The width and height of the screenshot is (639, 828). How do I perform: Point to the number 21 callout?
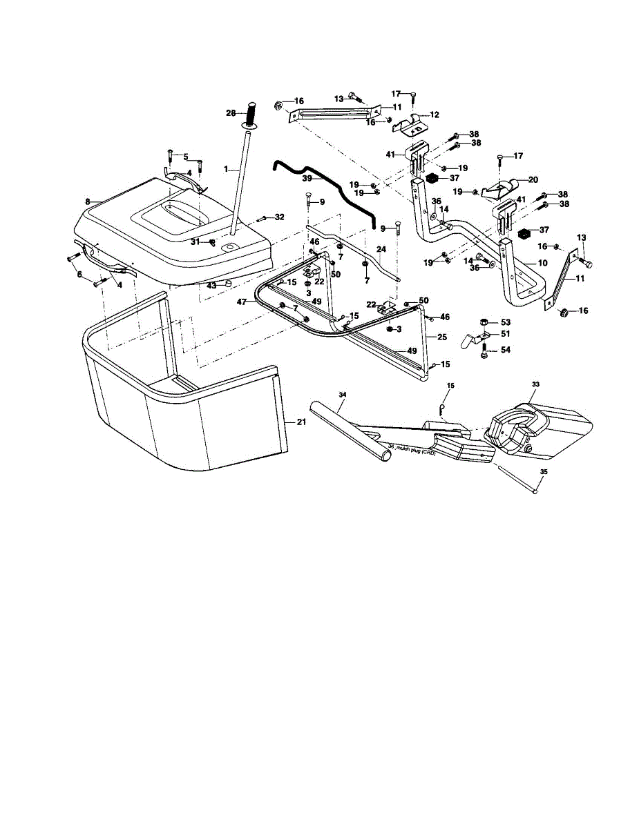(x=301, y=422)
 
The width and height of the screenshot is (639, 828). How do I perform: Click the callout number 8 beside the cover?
(x=88, y=201)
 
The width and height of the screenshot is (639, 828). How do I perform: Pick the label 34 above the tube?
(x=342, y=395)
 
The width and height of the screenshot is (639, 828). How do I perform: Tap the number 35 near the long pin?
(x=543, y=472)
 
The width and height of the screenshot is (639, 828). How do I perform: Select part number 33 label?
(x=535, y=384)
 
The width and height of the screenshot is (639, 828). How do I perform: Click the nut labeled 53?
(x=486, y=322)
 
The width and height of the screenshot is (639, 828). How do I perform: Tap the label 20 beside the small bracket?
(x=533, y=179)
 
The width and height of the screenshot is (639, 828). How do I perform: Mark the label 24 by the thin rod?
(x=381, y=250)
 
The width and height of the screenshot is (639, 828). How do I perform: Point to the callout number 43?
(x=211, y=285)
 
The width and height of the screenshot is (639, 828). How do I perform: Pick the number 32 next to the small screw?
(x=279, y=217)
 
